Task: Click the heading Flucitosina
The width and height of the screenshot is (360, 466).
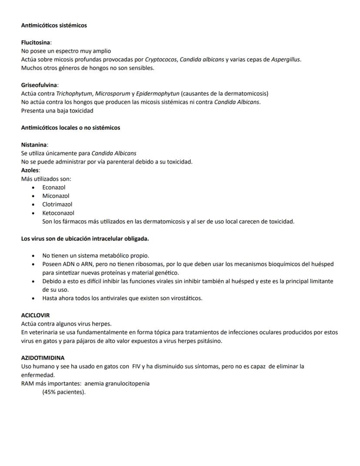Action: (36, 43)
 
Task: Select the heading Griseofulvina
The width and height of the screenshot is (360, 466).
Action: (39, 85)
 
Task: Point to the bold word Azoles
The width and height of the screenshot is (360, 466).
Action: (30, 171)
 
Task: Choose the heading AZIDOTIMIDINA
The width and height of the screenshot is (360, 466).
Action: (43, 358)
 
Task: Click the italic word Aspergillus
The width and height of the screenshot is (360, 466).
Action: (286, 60)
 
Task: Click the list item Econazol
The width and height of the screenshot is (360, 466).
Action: (53, 188)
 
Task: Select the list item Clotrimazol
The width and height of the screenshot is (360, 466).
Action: (57, 205)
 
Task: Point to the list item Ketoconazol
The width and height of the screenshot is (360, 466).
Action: (58, 213)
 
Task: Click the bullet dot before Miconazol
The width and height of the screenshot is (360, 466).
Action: (33, 196)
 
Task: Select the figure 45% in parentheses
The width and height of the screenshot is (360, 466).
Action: (51, 392)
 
